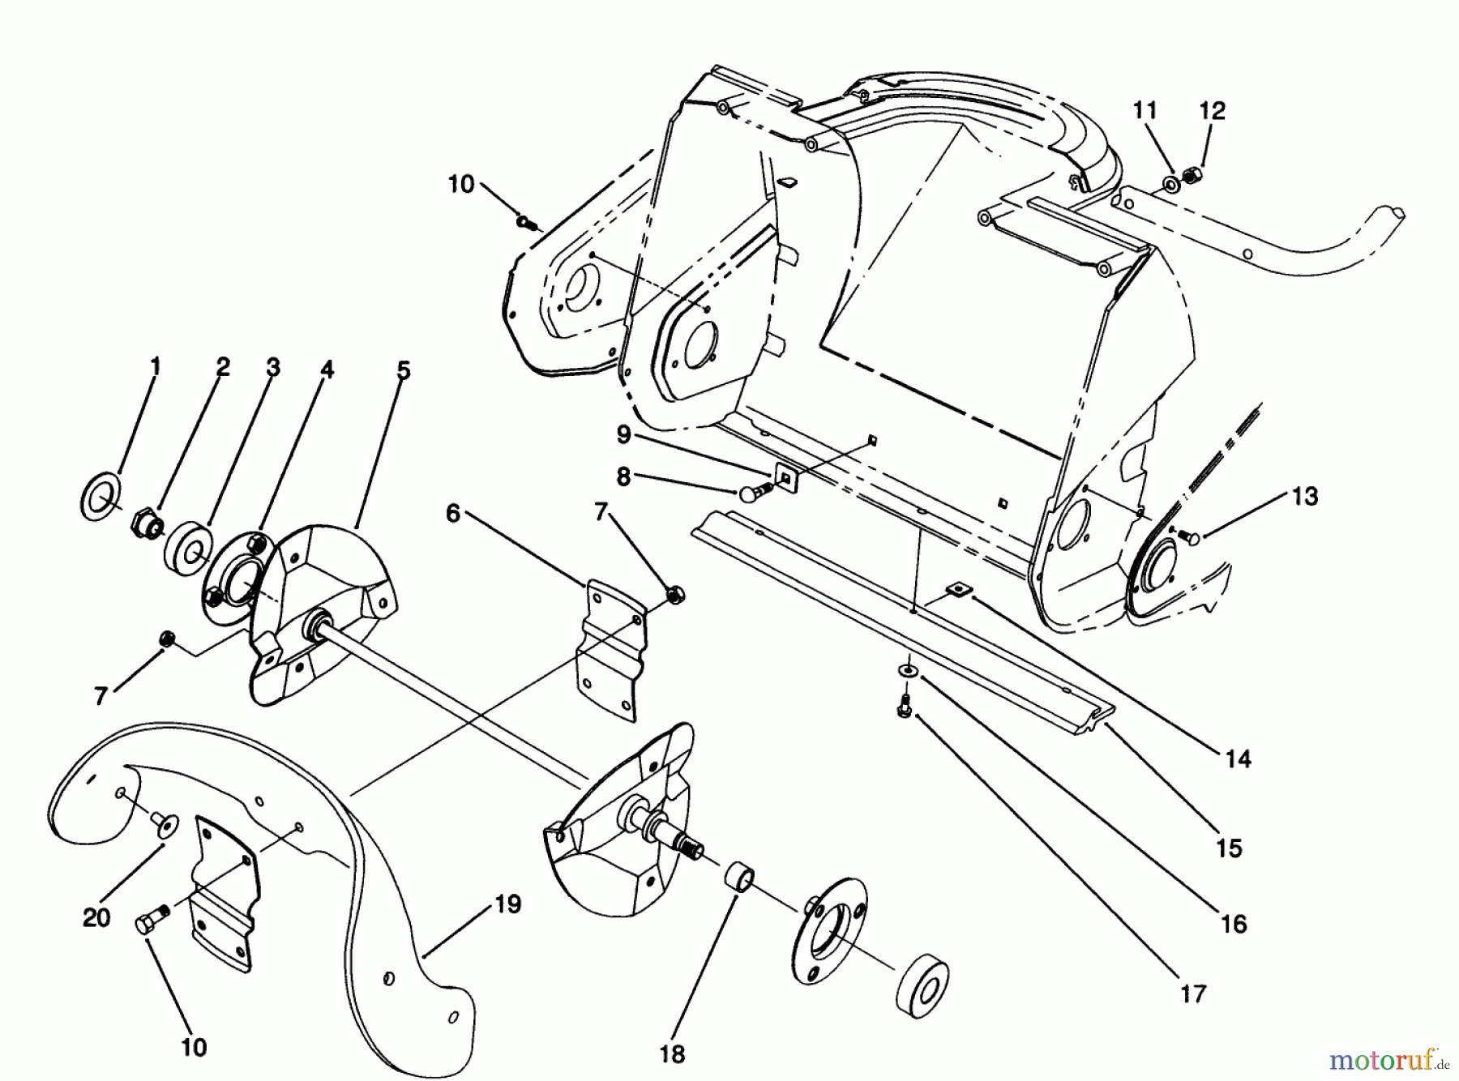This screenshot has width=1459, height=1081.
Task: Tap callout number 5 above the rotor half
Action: tap(403, 370)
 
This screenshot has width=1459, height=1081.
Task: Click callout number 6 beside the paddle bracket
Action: tap(452, 513)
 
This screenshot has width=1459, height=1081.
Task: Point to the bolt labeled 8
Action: tap(755, 491)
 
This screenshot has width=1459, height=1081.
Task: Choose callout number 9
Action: tap(623, 435)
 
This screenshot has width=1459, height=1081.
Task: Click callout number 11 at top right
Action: tap(1145, 110)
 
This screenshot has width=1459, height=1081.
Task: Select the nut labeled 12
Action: tap(1192, 173)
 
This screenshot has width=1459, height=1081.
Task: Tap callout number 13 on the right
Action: tap(1305, 496)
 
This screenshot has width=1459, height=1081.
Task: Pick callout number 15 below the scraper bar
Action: tap(1229, 848)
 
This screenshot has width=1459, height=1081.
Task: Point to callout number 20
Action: tap(96, 918)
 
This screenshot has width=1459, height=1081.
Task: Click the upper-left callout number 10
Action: tap(460, 185)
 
